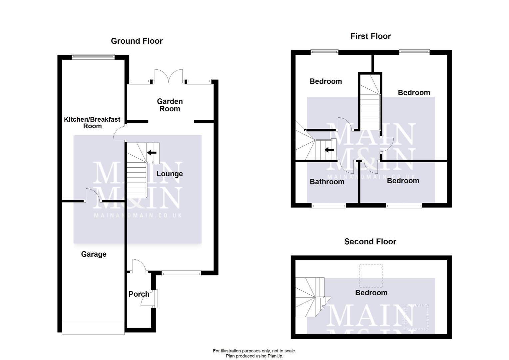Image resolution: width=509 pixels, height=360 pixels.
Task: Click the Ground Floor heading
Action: tap(137, 41)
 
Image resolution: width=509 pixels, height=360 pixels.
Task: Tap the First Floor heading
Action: tap(370, 36)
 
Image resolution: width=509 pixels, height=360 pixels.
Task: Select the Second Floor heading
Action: tap(370, 242)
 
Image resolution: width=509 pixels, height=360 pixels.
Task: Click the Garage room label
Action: tap(94, 254)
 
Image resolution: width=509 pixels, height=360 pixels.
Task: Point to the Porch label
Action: tap(139, 294)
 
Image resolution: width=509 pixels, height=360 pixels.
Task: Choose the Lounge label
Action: tap(170, 174)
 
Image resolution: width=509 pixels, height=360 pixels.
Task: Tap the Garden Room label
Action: tap(170, 105)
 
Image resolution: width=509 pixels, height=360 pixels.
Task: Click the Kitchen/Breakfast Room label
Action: tap(92, 123)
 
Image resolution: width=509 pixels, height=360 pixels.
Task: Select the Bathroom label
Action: tap(327, 182)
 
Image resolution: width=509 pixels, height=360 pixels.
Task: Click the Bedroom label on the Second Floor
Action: tap(371, 293)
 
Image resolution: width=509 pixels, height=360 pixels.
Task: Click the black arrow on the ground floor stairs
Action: tap(152, 153)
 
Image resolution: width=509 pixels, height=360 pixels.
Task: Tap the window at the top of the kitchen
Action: tap(93, 57)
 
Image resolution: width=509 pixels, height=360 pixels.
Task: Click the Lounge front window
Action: tap(181, 273)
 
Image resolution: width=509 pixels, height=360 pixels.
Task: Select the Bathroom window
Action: tap(329, 206)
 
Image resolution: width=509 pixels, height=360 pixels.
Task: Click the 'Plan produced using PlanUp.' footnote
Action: tap(254, 356)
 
